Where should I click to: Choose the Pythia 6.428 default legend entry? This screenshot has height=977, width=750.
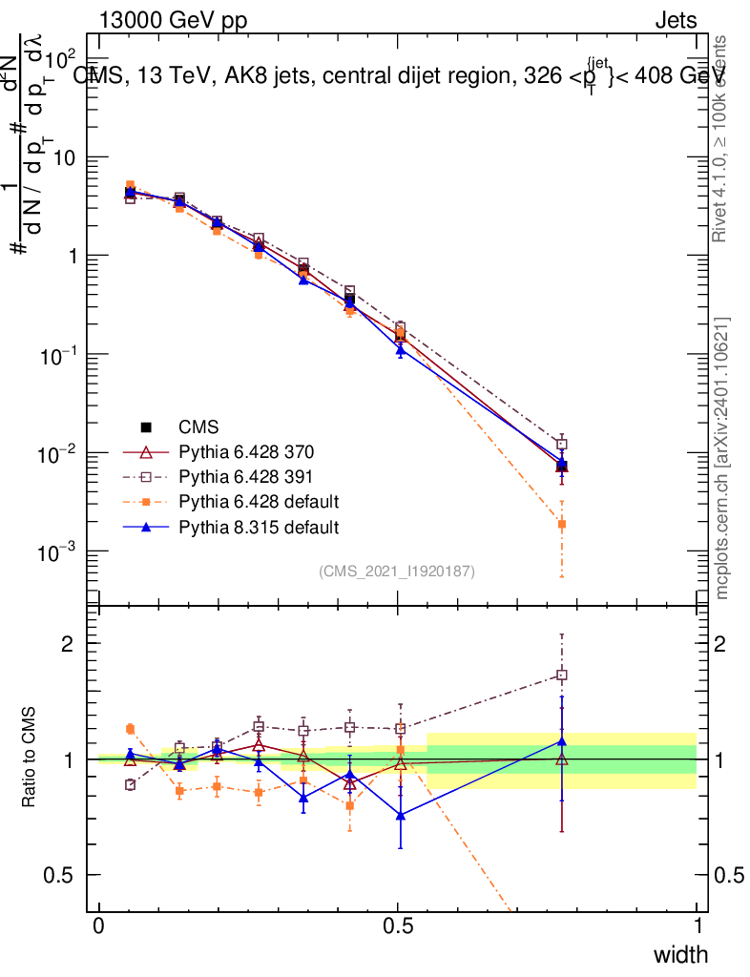coord(259,501)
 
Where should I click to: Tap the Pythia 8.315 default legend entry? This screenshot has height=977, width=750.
coord(259,526)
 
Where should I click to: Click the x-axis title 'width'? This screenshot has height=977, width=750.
coord(680,954)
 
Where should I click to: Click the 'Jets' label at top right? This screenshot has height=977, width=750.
coord(675,20)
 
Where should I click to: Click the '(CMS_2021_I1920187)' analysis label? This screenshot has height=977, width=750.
coord(397,571)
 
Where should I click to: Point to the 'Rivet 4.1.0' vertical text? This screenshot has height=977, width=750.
coord(719,137)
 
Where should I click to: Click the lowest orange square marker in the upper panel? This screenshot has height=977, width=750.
coord(562,524)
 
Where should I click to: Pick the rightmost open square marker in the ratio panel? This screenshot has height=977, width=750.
coord(562,675)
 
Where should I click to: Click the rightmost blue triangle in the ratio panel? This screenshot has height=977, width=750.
coord(562,740)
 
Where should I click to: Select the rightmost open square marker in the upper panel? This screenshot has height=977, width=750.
coord(562,444)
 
